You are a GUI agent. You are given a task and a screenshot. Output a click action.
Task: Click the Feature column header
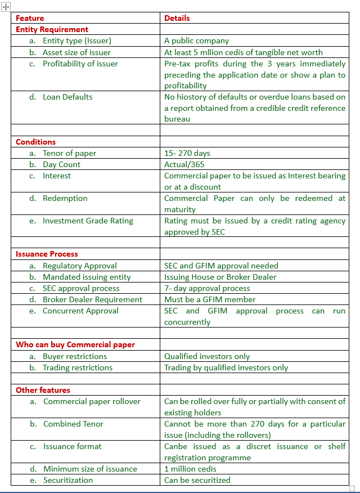pos(30,18)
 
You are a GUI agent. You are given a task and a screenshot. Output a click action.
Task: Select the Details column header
pos(177,18)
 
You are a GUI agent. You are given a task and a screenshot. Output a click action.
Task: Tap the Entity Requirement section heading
pos(52,29)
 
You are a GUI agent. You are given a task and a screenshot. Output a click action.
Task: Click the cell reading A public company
pos(196,41)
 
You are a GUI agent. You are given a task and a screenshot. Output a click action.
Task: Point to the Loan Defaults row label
pos(67,97)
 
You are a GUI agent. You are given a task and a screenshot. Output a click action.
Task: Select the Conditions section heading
pos(35,142)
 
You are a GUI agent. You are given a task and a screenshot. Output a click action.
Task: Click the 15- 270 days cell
pos(187,153)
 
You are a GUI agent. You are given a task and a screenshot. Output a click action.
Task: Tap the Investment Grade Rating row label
pos(88,221)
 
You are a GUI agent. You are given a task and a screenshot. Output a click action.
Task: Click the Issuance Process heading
pos(47,254)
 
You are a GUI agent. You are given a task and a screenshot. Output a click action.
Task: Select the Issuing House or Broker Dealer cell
pos(220,277)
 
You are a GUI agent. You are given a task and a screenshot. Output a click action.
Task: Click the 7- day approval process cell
pos(207,288)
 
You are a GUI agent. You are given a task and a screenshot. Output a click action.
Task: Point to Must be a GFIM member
pos(210,299)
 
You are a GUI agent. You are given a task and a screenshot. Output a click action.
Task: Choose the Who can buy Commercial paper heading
pos(75,344)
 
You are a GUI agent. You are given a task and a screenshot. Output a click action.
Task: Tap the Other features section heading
pos(43,390)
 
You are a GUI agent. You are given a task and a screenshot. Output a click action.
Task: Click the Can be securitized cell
pos(197,480)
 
